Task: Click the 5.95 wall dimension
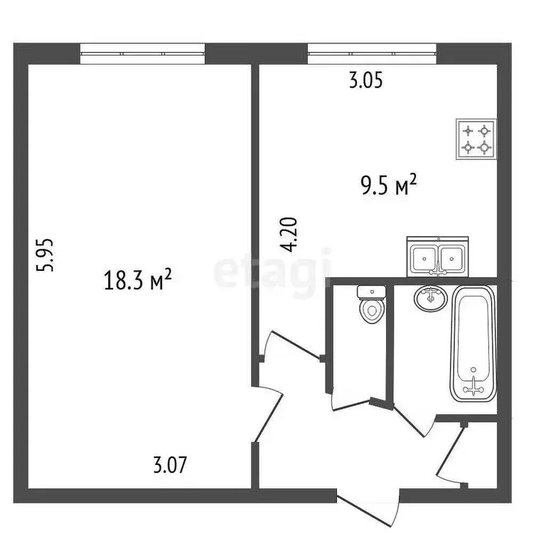click(46, 255)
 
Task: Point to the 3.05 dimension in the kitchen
click(365, 81)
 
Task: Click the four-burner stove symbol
click(476, 139)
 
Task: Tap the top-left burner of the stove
click(468, 130)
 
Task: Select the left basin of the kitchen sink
click(426, 257)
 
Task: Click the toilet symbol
click(370, 305)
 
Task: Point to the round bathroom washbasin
click(429, 299)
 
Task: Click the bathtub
click(472, 343)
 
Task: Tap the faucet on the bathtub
click(472, 387)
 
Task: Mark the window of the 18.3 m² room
click(142, 53)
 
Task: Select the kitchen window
click(371, 53)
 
